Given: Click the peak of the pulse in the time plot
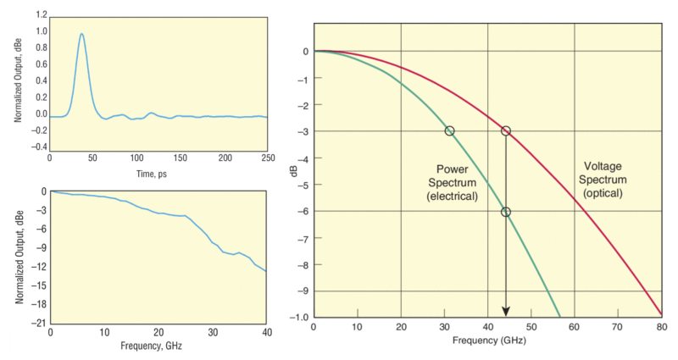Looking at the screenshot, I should (x=81, y=35).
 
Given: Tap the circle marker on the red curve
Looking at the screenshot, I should (x=506, y=130).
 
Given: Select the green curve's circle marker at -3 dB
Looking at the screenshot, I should (x=449, y=130).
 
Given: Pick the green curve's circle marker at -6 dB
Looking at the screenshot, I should (x=506, y=212).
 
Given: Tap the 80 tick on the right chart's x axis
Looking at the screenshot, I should (x=661, y=327).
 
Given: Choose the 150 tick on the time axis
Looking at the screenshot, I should (x=181, y=158).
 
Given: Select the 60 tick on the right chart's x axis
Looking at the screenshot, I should (x=575, y=327).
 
